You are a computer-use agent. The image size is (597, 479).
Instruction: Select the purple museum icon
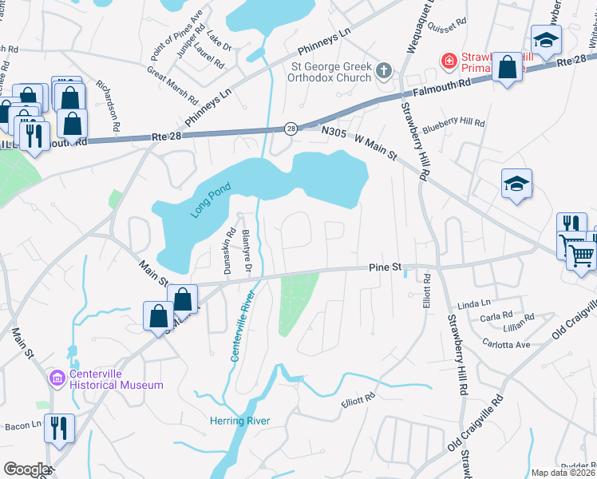[x=56, y=377]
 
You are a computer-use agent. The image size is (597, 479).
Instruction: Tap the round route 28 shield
[x=291, y=129]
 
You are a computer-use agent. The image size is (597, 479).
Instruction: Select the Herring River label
[x=239, y=421]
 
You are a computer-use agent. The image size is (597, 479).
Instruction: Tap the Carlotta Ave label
[x=506, y=344]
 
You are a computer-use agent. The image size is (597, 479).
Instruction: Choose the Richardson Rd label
[x=108, y=105]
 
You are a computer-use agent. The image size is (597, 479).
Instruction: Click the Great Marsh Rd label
[x=172, y=85]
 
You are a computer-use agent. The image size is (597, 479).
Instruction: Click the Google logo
[x=26, y=469]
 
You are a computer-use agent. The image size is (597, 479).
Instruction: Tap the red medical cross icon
[x=449, y=61]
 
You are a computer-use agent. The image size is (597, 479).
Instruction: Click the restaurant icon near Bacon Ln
[x=59, y=428]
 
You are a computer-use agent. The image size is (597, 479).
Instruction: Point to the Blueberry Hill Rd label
[x=454, y=122]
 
